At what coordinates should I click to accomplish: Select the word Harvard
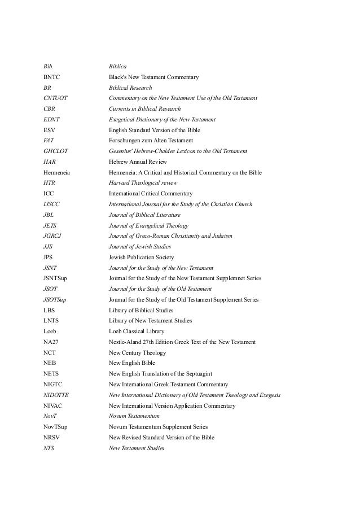pos(120,183)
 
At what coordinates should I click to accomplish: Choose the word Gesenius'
pos(121,151)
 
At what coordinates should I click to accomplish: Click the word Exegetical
pos(122,120)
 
